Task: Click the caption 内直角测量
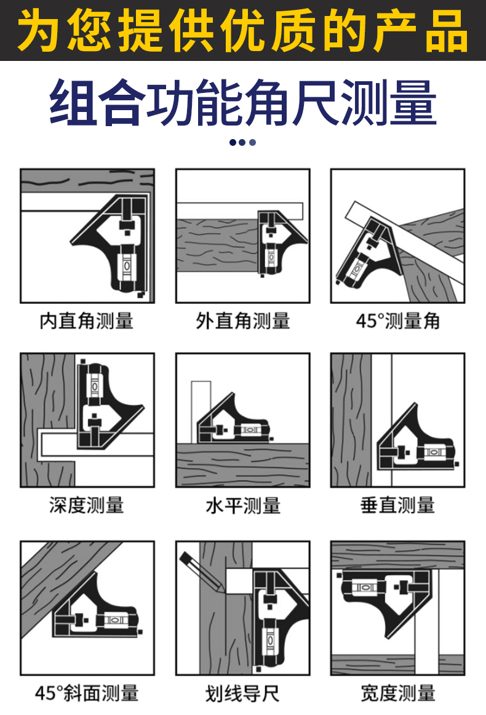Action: pos(87,321)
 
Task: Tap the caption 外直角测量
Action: pos(242,321)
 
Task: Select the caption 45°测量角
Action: pos(398,321)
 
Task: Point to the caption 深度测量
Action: pos(87,505)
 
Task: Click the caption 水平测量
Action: pos(242,506)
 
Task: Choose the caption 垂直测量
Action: pos(398,505)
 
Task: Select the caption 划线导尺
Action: pos(242,693)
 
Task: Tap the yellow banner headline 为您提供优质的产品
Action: pos(243,31)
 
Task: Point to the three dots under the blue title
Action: pos(242,142)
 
